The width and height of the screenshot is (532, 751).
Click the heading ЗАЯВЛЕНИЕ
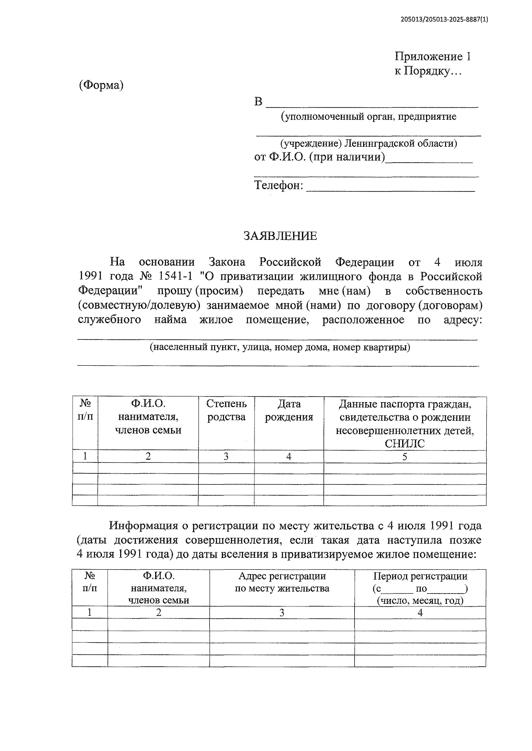click(x=280, y=236)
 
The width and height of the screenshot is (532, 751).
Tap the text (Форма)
click(x=101, y=85)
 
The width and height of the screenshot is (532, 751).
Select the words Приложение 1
click(x=432, y=57)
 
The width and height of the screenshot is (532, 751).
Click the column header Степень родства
click(x=226, y=411)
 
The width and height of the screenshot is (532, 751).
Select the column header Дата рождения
click(x=289, y=411)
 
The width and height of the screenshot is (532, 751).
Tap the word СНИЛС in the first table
click(x=404, y=444)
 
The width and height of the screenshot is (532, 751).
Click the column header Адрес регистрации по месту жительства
click(x=282, y=582)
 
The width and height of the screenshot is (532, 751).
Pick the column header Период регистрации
click(x=420, y=576)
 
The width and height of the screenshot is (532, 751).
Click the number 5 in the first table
click(x=404, y=457)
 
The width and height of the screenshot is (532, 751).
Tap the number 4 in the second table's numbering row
click(x=420, y=613)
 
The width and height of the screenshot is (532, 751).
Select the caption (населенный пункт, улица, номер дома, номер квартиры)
click(x=279, y=347)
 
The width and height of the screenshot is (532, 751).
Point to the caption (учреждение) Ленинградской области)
click(x=368, y=143)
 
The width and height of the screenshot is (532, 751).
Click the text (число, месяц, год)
click(x=420, y=601)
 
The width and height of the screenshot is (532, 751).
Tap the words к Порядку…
click(x=428, y=71)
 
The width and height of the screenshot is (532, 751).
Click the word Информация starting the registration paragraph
click(x=144, y=526)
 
